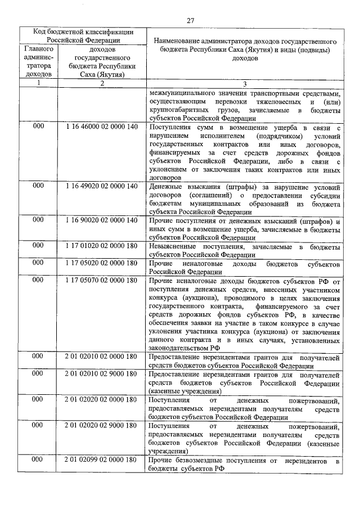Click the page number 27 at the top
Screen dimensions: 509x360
[x=190, y=21]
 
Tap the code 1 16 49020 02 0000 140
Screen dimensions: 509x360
[x=101, y=184]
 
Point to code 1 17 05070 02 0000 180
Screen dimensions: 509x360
[x=101, y=280]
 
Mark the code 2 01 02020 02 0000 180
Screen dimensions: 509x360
[x=101, y=399]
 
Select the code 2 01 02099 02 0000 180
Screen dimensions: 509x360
[x=101, y=460]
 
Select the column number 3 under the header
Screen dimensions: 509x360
[x=244, y=84]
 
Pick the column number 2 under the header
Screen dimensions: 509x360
[x=101, y=84]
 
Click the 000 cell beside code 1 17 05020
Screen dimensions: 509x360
[x=38, y=263]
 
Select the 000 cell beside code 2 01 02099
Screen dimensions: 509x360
[x=38, y=460]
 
